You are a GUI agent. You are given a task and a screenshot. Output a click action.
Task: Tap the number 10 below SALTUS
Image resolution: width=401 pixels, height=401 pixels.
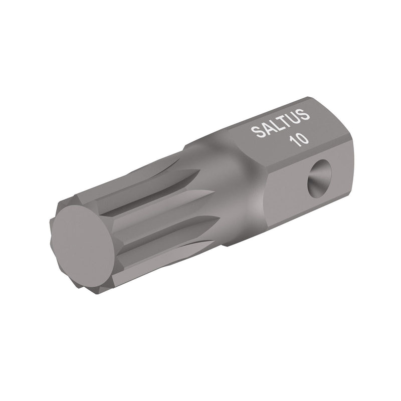[x=299, y=139]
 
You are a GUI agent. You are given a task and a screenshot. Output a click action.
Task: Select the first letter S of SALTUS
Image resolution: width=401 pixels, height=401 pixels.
[x=256, y=133]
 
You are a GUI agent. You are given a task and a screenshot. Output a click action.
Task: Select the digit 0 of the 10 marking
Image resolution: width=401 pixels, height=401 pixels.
[x=303, y=138]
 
